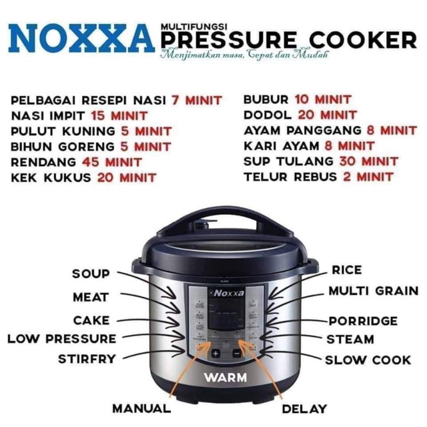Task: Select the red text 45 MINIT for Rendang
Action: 111,161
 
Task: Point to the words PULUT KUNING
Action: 55,131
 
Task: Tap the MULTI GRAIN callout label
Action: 373,291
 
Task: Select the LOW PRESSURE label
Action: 61,339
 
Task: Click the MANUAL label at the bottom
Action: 141,408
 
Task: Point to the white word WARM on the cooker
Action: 225,377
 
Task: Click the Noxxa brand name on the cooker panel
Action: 228,292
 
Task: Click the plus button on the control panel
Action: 216,353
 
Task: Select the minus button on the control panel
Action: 236,353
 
